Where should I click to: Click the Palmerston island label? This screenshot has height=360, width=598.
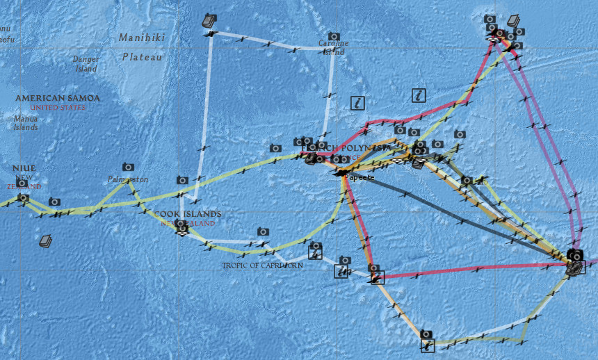pos(128,180)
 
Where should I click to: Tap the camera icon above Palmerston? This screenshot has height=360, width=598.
pos(128,167)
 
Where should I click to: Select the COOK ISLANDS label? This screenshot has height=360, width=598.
pos(188,214)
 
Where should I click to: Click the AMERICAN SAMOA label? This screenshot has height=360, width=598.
pos(58,99)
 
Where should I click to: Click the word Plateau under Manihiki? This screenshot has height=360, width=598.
pos(142,57)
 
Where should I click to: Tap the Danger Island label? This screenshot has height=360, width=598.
pos(86,64)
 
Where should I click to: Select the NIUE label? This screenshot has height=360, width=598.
pos(24,168)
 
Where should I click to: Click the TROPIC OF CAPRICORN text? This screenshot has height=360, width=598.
pos(262,265)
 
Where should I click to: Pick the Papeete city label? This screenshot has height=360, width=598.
pos(360,178)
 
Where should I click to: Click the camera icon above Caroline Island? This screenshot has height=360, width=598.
pos(334,36)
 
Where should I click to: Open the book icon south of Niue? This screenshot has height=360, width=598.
pos(46,241)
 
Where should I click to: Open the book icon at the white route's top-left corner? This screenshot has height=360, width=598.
pos(209,21)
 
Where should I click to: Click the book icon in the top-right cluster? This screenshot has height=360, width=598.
pos(514,21)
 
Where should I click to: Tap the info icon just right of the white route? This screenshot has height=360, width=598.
pos(358,103)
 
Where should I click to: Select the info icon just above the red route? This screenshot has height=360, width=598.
pos(418,95)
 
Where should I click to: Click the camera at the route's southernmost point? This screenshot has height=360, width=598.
pos(426,334)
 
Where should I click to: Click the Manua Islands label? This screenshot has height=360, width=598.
pos(26,123)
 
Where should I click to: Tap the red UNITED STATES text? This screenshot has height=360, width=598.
pos(58,108)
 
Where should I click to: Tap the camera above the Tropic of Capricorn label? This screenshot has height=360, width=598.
pos(263,231)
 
